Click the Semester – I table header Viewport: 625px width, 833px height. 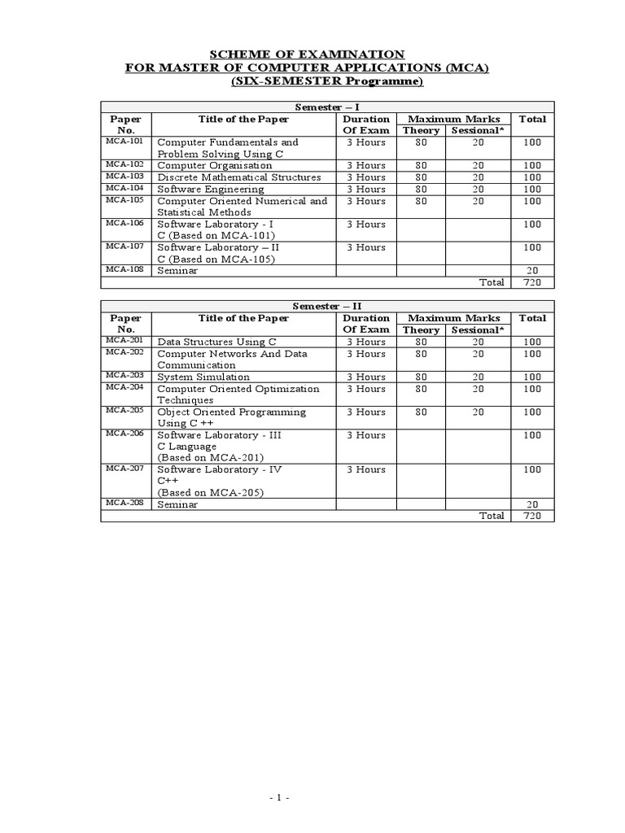[326, 107]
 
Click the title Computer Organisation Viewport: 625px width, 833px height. [214, 165]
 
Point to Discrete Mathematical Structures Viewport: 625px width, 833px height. [238, 177]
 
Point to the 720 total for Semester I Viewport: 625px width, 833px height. [532, 282]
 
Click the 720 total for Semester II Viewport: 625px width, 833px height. [532, 516]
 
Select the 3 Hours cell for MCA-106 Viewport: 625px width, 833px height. [365, 224]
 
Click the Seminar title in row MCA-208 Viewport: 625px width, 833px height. [177, 504]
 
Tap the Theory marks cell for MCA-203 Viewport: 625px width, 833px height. [421, 377]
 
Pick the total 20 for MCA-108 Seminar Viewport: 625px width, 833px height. [532, 271]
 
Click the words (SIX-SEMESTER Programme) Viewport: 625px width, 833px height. [327, 82]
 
